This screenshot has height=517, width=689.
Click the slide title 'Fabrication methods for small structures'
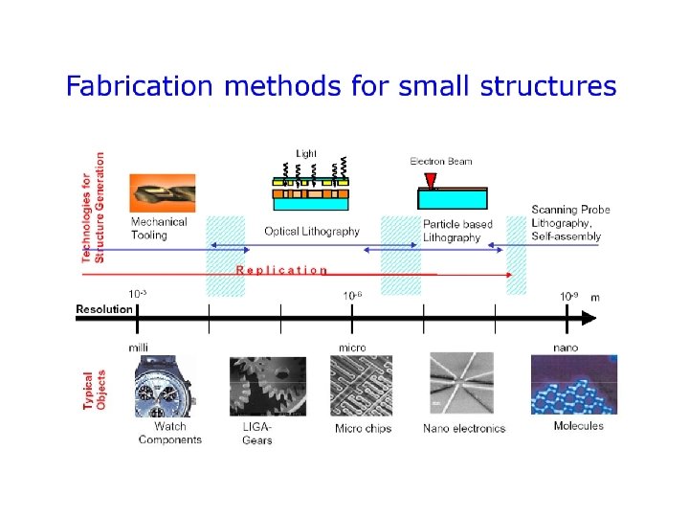click(341, 87)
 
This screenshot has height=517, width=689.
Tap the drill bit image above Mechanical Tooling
click(162, 192)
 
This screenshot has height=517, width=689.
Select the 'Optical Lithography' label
click(312, 231)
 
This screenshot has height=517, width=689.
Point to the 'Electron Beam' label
click(441, 161)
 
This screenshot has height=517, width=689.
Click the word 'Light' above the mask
click(306, 153)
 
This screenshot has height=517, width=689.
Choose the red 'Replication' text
click(281, 270)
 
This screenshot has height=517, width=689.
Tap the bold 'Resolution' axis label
click(104, 309)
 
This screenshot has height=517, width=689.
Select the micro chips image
click(361, 385)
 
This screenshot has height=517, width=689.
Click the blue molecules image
click(573, 384)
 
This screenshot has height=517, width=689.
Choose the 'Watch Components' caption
click(170, 433)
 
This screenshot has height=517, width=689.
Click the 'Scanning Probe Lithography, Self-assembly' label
click(570, 223)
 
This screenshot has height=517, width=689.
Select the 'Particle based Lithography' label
click(457, 231)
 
